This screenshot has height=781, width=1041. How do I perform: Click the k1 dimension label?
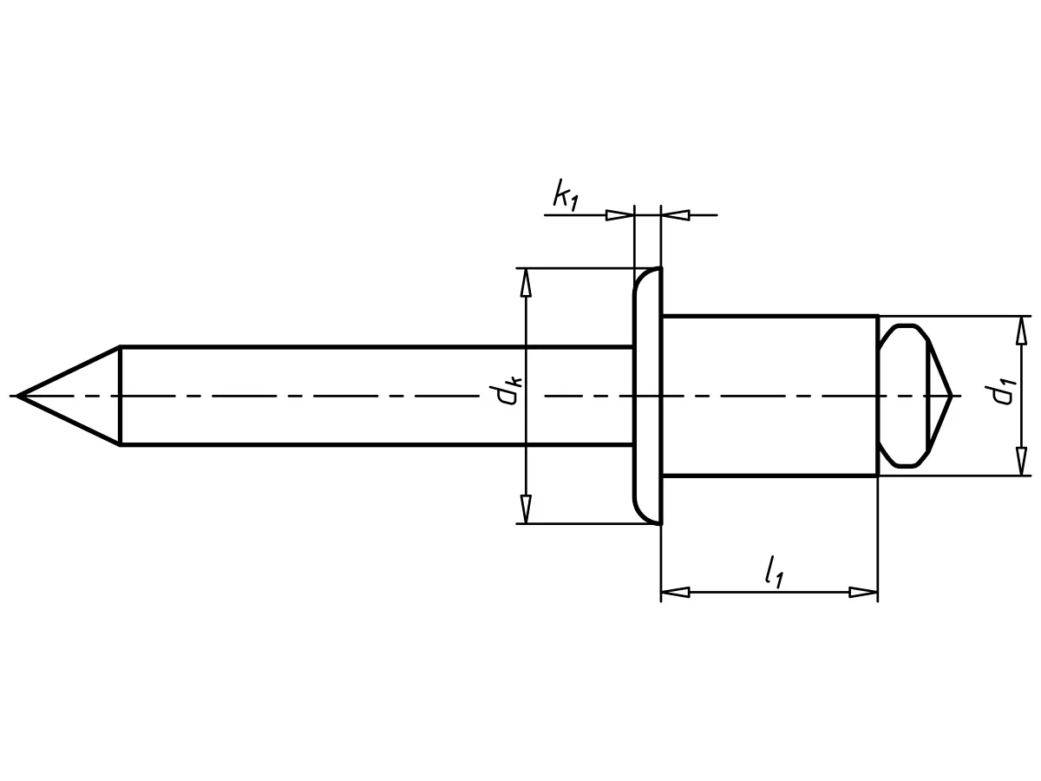point(565,196)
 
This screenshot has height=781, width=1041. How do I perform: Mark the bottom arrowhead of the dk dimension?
point(525,510)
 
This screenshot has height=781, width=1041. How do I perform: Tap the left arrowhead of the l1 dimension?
point(675,593)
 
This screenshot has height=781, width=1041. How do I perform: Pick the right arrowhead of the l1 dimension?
point(864,593)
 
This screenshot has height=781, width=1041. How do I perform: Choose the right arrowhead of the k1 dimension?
point(676,214)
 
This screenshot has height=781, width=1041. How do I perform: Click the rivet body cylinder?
point(769,396)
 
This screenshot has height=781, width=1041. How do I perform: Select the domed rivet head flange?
point(647,396)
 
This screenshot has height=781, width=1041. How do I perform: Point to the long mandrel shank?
point(373,396)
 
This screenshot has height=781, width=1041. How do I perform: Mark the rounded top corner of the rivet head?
point(643,277)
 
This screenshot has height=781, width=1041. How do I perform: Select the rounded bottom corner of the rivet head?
point(643,515)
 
